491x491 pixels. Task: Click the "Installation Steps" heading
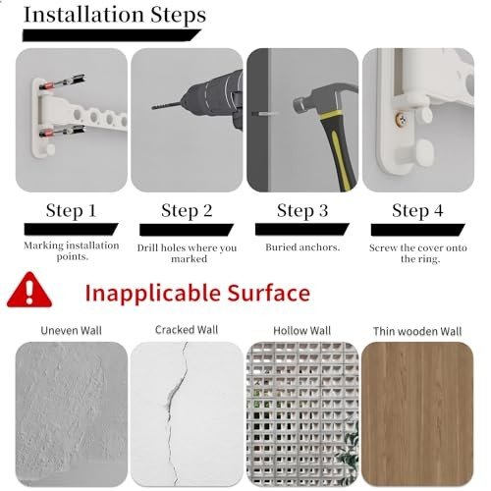(115, 16)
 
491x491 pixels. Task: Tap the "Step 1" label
(71, 210)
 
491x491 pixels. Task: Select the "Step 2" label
(187, 210)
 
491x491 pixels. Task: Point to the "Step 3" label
(302, 210)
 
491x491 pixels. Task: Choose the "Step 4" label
(417, 210)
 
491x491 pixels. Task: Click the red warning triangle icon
(29, 291)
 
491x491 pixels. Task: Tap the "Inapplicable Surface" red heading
(197, 293)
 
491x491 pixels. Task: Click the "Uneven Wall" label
(71, 331)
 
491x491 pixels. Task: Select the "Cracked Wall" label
(187, 330)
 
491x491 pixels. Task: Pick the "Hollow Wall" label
(302, 331)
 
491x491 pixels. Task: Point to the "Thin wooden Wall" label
(417, 331)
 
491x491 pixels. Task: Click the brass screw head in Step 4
(401, 120)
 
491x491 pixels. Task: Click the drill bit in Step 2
(166, 106)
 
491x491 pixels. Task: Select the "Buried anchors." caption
(302, 247)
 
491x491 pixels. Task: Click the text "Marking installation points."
(72, 250)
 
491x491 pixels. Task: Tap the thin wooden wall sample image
(417, 414)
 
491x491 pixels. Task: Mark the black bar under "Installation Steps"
(111, 35)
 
